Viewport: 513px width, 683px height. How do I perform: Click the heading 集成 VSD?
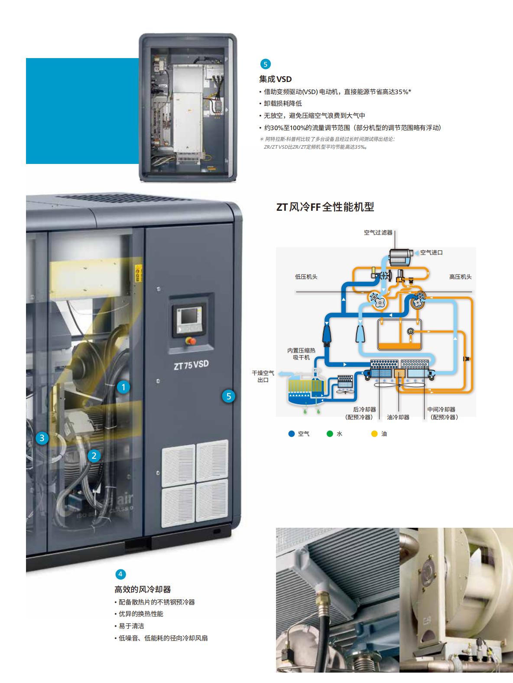point(275,79)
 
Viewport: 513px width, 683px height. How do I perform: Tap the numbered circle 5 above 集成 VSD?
point(265,64)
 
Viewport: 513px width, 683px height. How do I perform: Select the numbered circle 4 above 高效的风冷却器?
point(120,574)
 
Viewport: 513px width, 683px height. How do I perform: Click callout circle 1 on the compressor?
point(123,387)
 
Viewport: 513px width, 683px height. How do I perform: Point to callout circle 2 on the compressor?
point(94,456)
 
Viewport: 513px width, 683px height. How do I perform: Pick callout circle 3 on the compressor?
point(42,438)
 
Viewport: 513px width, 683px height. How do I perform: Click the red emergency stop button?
point(190,341)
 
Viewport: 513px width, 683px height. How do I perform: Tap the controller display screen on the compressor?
point(189,317)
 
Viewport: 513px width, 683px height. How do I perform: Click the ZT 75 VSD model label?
point(191,365)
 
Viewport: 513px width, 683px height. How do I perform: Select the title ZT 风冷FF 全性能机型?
point(325,207)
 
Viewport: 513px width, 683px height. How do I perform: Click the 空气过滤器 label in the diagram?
point(378,232)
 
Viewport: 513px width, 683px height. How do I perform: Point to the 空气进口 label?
point(432,252)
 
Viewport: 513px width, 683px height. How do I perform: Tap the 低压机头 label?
point(306,277)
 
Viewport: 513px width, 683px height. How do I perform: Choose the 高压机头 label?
point(460,277)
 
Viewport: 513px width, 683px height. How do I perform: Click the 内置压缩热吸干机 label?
point(301,354)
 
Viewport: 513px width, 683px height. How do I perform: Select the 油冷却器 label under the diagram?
point(398,417)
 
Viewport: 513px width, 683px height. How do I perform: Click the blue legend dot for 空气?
point(292,434)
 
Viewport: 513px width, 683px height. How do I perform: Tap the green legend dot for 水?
point(330,434)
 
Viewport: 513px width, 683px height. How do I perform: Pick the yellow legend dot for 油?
point(374,434)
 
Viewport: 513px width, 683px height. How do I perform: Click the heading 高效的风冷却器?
point(143,589)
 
